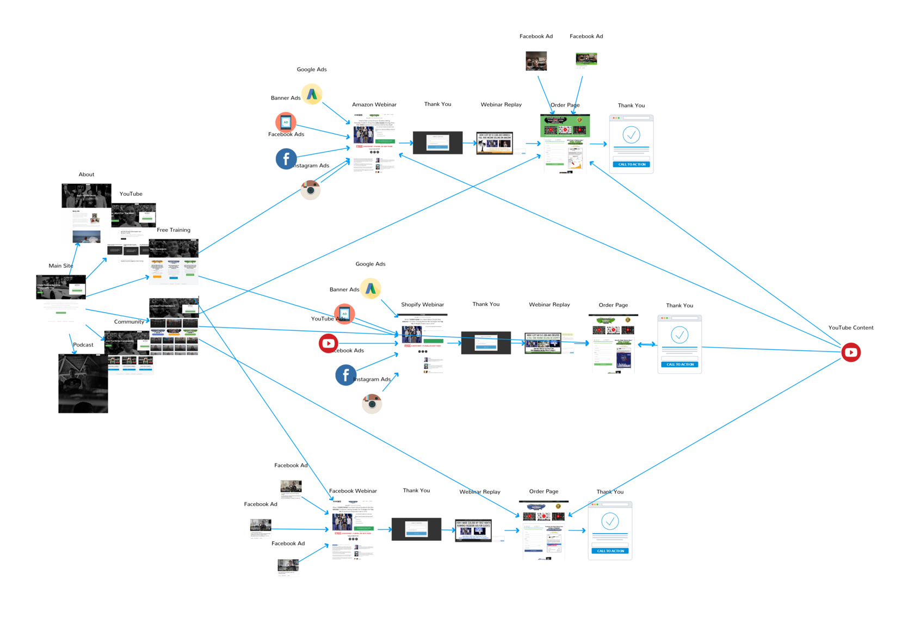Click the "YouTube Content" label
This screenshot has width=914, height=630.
pos(850,328)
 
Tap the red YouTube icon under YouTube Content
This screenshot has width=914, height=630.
pos(851,353)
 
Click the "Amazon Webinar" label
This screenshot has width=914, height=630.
pos(374,104)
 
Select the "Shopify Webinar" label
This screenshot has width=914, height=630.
pos(422,305)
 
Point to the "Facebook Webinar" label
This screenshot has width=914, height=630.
pos(353,491)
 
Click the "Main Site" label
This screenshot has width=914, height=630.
pos(60,266)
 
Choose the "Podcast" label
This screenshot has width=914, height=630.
pos(83,345)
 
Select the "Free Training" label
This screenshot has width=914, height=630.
pos(174,230)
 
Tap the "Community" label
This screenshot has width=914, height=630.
pos(129,322)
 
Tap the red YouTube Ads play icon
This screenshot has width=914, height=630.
pos(329,343)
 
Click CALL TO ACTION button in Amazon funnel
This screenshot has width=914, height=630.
pos(631,164)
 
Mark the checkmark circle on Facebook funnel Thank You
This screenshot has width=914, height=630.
pos(610,521)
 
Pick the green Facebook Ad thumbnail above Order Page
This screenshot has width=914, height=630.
pos(586,59)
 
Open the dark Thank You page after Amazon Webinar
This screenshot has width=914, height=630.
pos(437,143)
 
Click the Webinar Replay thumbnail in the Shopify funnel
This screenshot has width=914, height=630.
pos(542,343)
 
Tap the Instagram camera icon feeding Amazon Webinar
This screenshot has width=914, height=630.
pos(311,190)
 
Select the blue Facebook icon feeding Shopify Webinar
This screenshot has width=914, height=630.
pos(345,375)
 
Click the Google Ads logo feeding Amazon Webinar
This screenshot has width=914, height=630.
pos(312,95)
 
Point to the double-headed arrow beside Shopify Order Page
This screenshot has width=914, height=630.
pos(646,344)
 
